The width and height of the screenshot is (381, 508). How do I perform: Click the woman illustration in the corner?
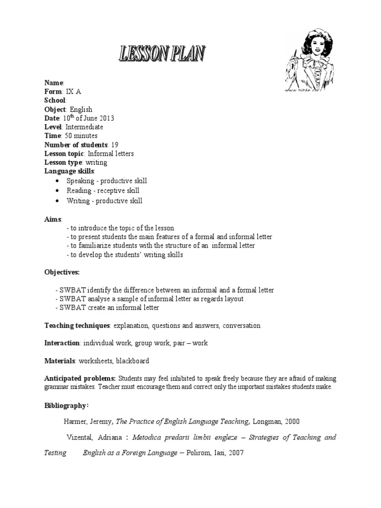click(x=307, y=66)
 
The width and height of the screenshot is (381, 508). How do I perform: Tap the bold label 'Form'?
click(x=53, y=92)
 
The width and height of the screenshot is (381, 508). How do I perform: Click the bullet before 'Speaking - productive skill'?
click(x=58, y=181)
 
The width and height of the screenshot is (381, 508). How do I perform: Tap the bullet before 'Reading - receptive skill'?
click(x=58, y=191)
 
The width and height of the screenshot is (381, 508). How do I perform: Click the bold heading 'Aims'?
click(x=53, y=219)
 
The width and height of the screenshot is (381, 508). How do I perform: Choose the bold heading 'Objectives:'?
click(x=62, y=272)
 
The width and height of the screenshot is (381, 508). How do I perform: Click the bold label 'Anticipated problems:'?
click(x=80, y=379)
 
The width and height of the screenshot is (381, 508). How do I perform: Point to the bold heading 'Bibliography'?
click(x=65, y=406)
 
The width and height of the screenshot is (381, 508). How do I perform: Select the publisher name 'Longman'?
click(x=268, y=422)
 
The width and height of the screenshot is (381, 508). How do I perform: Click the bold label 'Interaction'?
click(x=62, y=343)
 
